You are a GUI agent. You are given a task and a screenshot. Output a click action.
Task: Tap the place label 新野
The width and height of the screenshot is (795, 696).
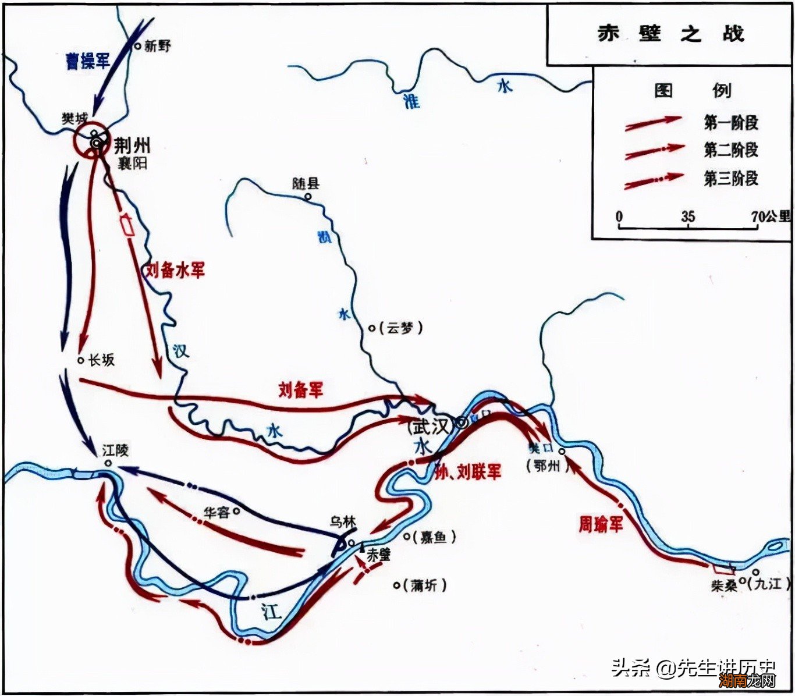(158, 46)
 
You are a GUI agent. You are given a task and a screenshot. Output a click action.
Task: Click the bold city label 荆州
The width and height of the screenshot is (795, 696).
(132, 145)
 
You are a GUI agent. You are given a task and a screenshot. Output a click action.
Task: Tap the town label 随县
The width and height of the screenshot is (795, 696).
(306, 184)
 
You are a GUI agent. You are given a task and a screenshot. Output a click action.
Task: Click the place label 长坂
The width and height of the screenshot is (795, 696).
(101, 360)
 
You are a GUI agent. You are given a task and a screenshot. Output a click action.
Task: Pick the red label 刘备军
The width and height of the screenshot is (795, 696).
(300, 389)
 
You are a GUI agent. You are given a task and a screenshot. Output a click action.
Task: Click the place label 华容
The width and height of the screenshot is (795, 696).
(217, 512)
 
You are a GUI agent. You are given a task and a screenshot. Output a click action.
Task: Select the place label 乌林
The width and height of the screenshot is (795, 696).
(342, 522)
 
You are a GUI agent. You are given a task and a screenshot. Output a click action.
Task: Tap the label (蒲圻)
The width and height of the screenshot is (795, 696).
(425, 585)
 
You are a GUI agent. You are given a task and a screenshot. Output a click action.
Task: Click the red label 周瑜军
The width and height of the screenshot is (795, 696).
(600, 524)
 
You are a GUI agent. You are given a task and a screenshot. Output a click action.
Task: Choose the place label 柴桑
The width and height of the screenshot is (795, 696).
(723, 585)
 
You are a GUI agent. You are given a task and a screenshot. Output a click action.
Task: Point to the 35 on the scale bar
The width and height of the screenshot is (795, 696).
(688, 216)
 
